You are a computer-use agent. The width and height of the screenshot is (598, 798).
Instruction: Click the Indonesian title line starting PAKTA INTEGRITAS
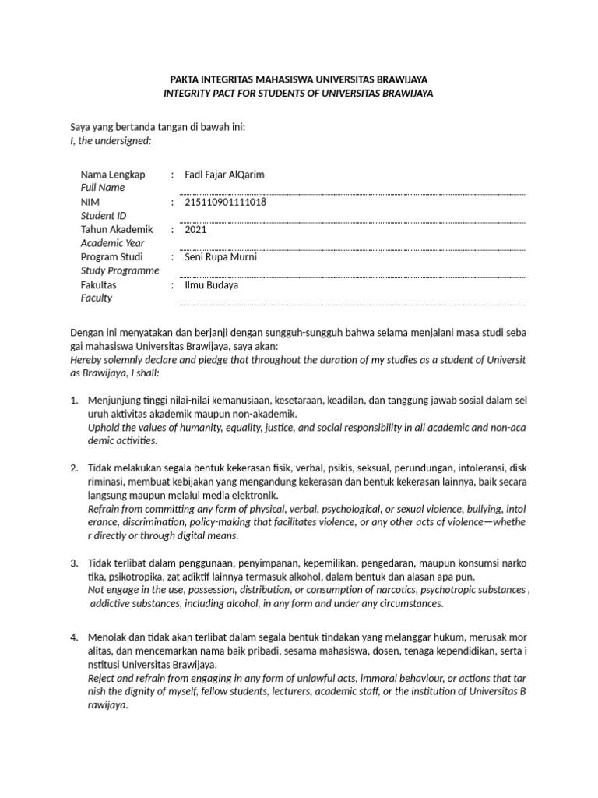[x=298, y=79]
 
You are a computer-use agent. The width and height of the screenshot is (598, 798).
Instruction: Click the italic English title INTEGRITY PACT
[x=298, y=93]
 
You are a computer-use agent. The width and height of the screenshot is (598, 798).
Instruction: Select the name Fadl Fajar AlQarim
[x=224, y=175]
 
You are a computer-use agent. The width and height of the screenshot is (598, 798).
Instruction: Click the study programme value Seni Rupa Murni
[x=220, y=257]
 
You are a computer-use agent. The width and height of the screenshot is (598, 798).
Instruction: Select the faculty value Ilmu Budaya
[x=211, y=285]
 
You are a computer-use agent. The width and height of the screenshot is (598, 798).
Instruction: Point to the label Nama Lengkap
[x=114, y=175]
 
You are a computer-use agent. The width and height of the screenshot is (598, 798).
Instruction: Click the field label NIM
[x=90, y=202]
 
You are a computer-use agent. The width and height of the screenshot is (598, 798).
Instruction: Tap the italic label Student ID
[x=104, y=215]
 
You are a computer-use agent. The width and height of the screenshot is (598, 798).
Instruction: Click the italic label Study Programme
[x=120, y=270]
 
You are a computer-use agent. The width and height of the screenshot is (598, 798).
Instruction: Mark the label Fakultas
[x=100, y=285]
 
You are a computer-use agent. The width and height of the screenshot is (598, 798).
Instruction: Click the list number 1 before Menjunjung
[x=74, y=401]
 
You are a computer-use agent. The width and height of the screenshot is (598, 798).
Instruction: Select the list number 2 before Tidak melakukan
[x=74, y=468]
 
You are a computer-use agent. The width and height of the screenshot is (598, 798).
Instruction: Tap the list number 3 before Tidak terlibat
[x=74, y=563]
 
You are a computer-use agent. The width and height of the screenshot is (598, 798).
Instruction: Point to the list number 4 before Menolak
[x=74, y=638]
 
